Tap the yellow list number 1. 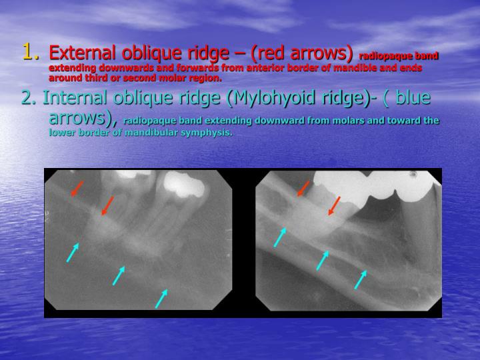coord(27,50)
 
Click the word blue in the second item coord(414,98)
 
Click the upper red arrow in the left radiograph coord(77,189)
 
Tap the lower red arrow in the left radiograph coord(107,206)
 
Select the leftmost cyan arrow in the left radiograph coord(73,252)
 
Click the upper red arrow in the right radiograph coord(303,189)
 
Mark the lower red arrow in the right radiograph coord(334,205)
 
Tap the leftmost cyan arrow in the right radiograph coord(280,237)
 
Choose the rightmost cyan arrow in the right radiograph coord(361,279)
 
